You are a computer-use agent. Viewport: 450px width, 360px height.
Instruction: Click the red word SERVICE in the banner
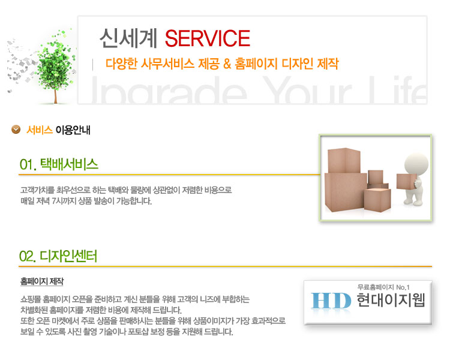[208, 38]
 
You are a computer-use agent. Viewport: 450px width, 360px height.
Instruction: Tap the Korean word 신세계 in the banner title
[128, 38]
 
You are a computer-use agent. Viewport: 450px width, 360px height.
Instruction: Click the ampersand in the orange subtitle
[227, 64]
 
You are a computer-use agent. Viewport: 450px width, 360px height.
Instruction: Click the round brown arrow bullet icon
[16, 130]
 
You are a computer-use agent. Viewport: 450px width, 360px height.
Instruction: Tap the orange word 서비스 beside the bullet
[40, 130]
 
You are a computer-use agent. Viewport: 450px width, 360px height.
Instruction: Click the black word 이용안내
[73, 130]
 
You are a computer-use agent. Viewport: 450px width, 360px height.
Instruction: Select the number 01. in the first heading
[28, 165]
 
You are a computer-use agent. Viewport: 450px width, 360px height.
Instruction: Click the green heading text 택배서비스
[69, 164]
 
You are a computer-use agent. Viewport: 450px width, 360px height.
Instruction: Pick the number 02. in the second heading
[28, 256]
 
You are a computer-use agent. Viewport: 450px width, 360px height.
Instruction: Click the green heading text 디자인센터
[68, 256]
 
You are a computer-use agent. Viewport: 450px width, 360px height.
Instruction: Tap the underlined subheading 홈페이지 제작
[42, 281]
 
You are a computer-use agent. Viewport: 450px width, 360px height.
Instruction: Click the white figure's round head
[416, 164]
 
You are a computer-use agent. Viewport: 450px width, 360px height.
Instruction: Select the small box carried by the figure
[406, 181]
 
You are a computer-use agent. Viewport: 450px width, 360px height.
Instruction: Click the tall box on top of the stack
[344, 160]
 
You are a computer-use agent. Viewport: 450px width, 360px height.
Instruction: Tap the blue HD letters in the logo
[331, 301]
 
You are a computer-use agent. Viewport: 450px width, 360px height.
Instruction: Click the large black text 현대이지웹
[391, 300]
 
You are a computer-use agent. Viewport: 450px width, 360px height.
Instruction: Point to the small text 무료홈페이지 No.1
[383, 287]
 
